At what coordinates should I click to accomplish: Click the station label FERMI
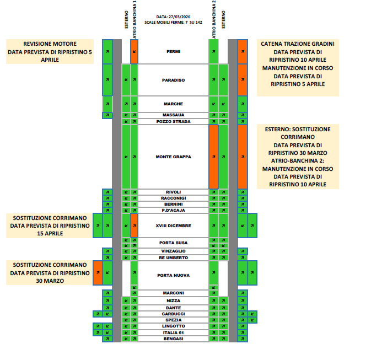(173, 52)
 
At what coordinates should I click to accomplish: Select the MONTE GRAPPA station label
(173, 157)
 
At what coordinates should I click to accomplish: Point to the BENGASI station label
(173, 338)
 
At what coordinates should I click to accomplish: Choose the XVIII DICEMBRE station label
(173, 225)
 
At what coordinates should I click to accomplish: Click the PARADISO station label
(173, 80)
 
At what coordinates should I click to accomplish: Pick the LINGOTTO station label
(173, 326)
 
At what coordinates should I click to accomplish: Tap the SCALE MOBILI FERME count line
(173, 23)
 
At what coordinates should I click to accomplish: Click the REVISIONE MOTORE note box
(50, 51)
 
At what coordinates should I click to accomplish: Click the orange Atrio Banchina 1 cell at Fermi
(134, 52)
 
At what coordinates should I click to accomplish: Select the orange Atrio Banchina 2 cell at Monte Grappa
(213, 157)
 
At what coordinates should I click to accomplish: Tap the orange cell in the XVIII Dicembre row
(134, 225)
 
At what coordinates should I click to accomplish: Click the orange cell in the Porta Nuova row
(98, 272)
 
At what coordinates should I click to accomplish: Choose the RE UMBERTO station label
(173, 257)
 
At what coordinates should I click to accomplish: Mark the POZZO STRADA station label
(173, 121)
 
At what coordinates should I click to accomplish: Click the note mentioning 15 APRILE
(50, 225)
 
